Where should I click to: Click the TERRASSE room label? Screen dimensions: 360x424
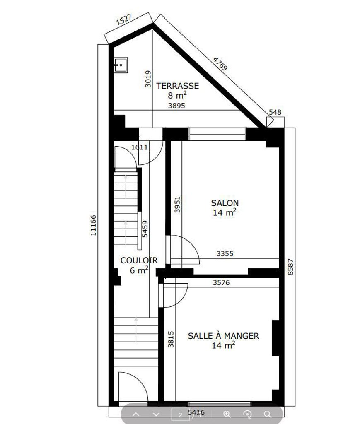(x=177, y=86)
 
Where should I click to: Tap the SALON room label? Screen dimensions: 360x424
(x=225, y=203)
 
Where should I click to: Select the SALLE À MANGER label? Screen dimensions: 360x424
(x=223, y=336)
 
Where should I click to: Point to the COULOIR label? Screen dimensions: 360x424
(x=139, y=260)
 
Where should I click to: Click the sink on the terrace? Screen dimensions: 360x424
(x=121, y=65)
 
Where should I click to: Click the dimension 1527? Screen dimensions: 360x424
(x=124, y=19)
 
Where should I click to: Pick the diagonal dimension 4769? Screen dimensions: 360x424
(x=220, y=64)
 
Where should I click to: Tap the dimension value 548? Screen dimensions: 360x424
(x=275, y=112)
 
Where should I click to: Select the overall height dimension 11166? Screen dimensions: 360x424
(x=93, y=225)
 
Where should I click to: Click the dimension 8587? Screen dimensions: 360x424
(x=290, y=267)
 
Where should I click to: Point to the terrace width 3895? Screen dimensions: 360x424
(x=176, y=106)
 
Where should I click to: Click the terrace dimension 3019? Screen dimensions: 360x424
(x=148, y=79)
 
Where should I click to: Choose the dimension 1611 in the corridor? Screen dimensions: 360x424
(x=140, y=147)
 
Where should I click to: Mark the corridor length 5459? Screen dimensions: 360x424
(x=145, y=229)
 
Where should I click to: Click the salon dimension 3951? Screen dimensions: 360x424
(x=177, y=205)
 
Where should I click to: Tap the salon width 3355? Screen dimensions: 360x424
(x=225, y=254)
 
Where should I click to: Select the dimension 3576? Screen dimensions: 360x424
(x=221, y=282)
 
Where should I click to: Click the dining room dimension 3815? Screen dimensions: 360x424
(x=171, y=339)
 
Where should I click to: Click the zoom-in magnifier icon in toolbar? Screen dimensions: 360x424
(x=227, y=414)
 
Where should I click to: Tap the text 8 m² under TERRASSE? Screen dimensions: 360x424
(x=177, y=95)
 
